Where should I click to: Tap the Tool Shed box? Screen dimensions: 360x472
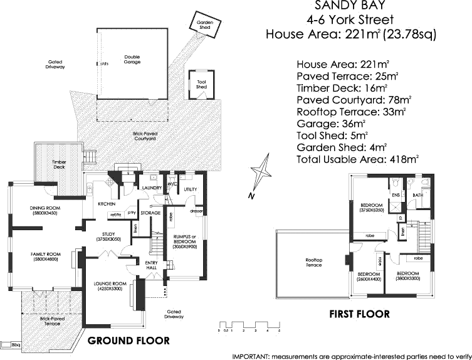(x=201, y=84)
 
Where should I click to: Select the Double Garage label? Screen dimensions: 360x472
(x=132, y=60)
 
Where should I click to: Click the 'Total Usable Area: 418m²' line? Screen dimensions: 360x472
(x=357, y=159)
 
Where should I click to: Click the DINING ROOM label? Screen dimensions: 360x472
(x=45, y=208)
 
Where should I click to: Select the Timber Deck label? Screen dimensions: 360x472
(x=59, y=164)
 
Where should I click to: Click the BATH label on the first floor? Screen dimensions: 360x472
(x=417, y=195)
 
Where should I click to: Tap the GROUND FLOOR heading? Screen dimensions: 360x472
(x=128, y=341)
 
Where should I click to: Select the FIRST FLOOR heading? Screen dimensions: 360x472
(x=359, y=314)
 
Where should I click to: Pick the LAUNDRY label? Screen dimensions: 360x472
(x=152, y=188)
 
